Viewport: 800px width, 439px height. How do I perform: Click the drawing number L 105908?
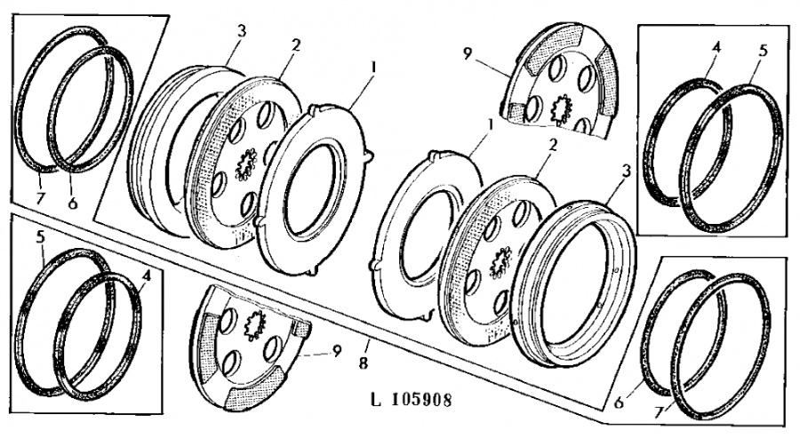[x=411, y=400]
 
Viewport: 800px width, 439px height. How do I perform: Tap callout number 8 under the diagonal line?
[x=364, y=363]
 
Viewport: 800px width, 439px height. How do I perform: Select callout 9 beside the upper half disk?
[x=468, y=53]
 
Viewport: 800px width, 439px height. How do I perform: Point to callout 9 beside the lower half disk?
[x=336, y=352]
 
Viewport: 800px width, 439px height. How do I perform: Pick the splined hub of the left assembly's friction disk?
[x=246, y=164]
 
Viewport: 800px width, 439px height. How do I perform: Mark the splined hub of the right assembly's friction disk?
[x=499, y=262]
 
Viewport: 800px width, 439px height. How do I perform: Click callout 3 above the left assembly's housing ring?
[x=241, y=31]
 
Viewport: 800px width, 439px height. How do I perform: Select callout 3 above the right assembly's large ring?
[x=627, y=172]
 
